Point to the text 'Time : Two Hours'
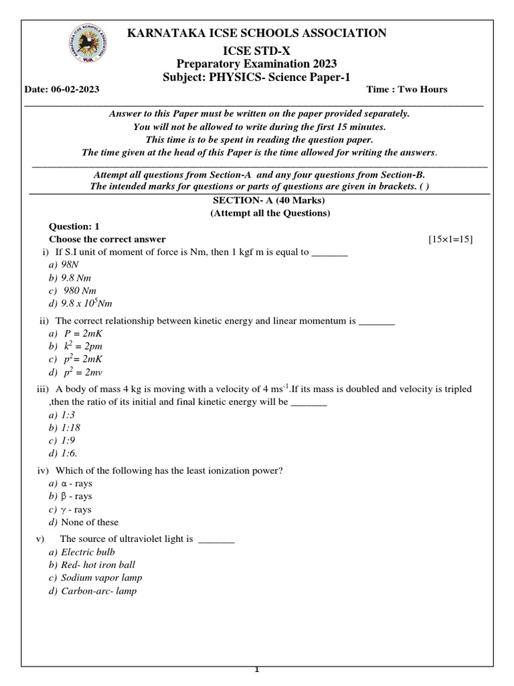(x=407, y=90)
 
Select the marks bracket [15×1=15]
(x=450, y=239)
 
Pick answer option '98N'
(x=70, y=265)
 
